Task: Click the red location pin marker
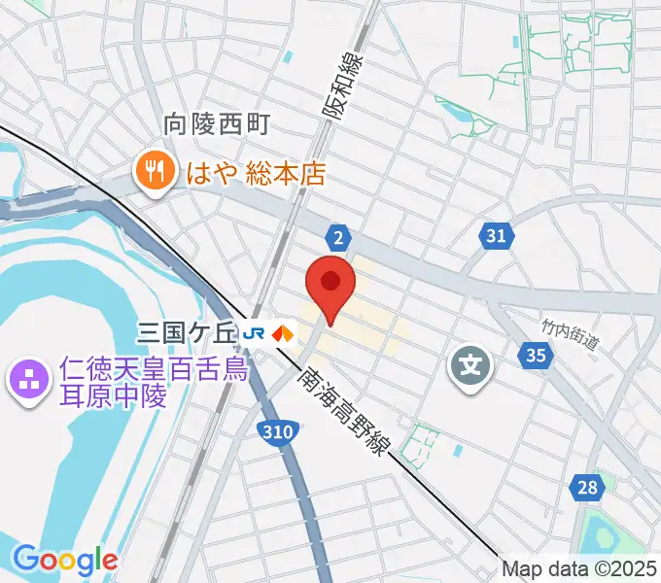[x=330, y=285]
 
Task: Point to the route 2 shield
[x=337, y=238]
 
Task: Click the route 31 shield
[x=496, y=235]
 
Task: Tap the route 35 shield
[x=536, y=356]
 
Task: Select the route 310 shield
[x=276, y=441]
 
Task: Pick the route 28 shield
[x=585, y=488]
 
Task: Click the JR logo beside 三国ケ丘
[x=256, y=333]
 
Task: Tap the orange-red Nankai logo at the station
[x=283, y=333]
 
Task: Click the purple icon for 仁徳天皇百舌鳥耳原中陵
[x=26, y=378]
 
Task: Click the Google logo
[x=64, y=560]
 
